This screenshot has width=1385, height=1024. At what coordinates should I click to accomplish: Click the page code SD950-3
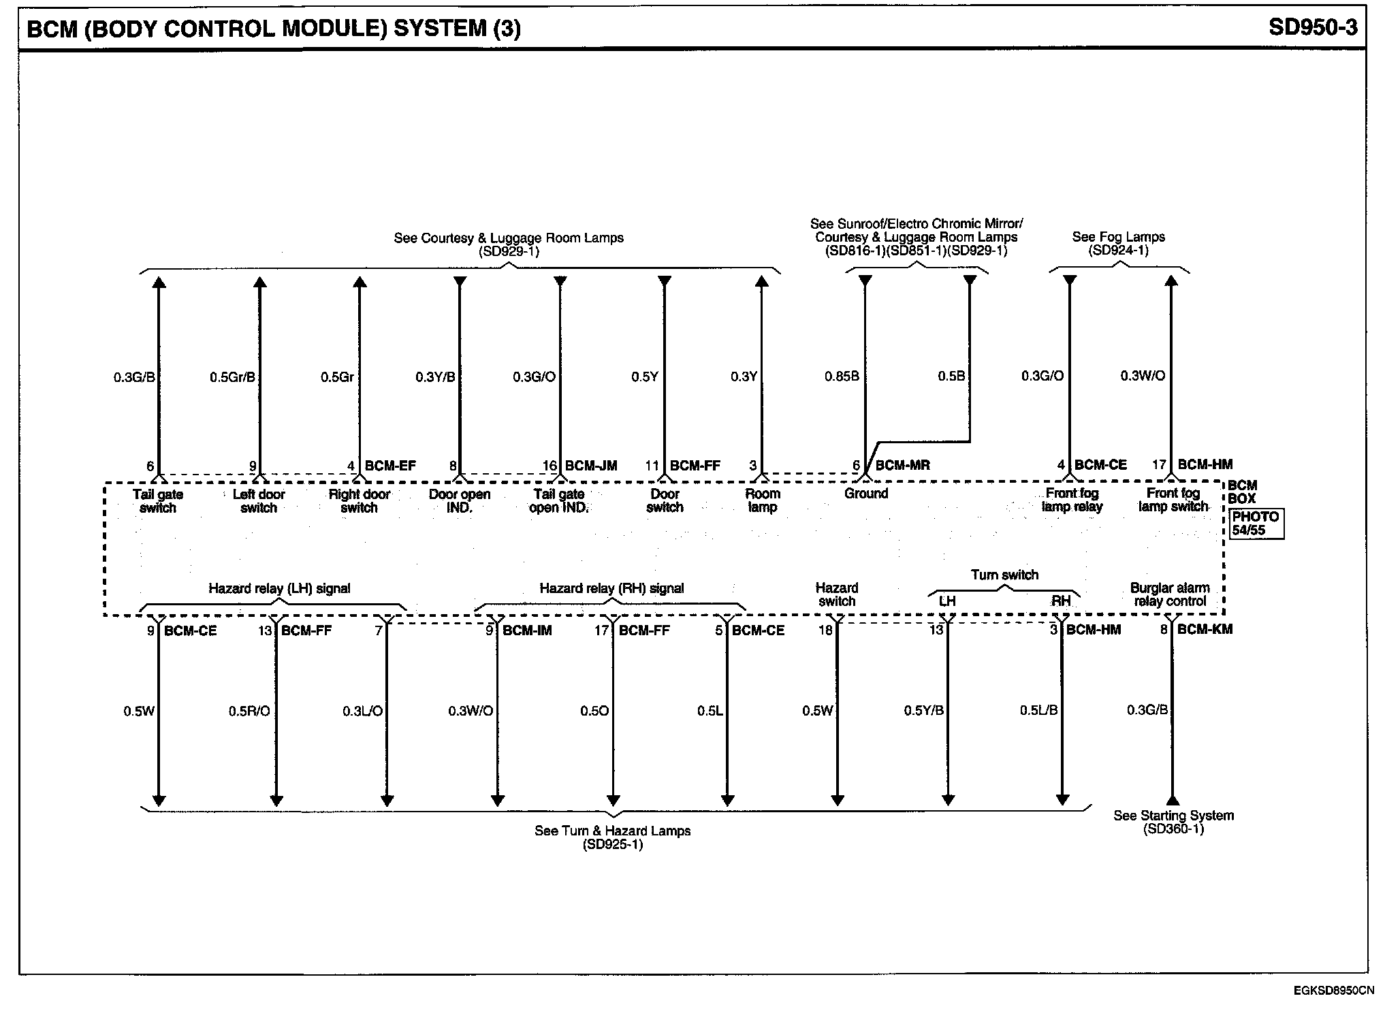[x=1313, y=27]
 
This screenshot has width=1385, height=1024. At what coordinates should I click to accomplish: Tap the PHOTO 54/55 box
[x=1256, y=524]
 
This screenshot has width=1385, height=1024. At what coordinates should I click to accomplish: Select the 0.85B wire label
[x=842, y=377]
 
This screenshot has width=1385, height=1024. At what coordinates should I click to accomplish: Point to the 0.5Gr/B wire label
[x=232, y=377]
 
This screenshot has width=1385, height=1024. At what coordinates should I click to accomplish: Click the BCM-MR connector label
[x=902, y=466]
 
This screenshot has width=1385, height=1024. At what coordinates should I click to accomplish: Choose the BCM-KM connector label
[x=1205, y=630]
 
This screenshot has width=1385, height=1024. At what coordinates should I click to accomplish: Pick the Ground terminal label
[x=866, y=494]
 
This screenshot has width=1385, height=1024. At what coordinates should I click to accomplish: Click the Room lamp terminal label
[x=762, y=500]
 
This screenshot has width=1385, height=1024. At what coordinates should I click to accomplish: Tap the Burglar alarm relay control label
[x=1170, y=594]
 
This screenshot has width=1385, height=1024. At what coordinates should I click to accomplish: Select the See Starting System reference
[x=1173, y=822]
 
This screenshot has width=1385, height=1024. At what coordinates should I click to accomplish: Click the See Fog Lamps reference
[x=1118, y=243]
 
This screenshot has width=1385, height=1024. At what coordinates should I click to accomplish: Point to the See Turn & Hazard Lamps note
[x=612, y=837]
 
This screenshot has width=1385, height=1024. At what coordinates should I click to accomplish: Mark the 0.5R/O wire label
[x=249, y=711]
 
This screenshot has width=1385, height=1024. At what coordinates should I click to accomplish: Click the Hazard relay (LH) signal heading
[x=279, y=589]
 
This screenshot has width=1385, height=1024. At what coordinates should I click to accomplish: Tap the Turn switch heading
[x=1004, y=575]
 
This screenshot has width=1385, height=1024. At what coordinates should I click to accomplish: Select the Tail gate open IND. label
[x=558, y=501]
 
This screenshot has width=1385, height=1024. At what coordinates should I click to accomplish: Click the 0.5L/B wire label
[x=1038, y=711]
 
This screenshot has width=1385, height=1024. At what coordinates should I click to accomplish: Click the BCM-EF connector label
[x=390, y=466]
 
